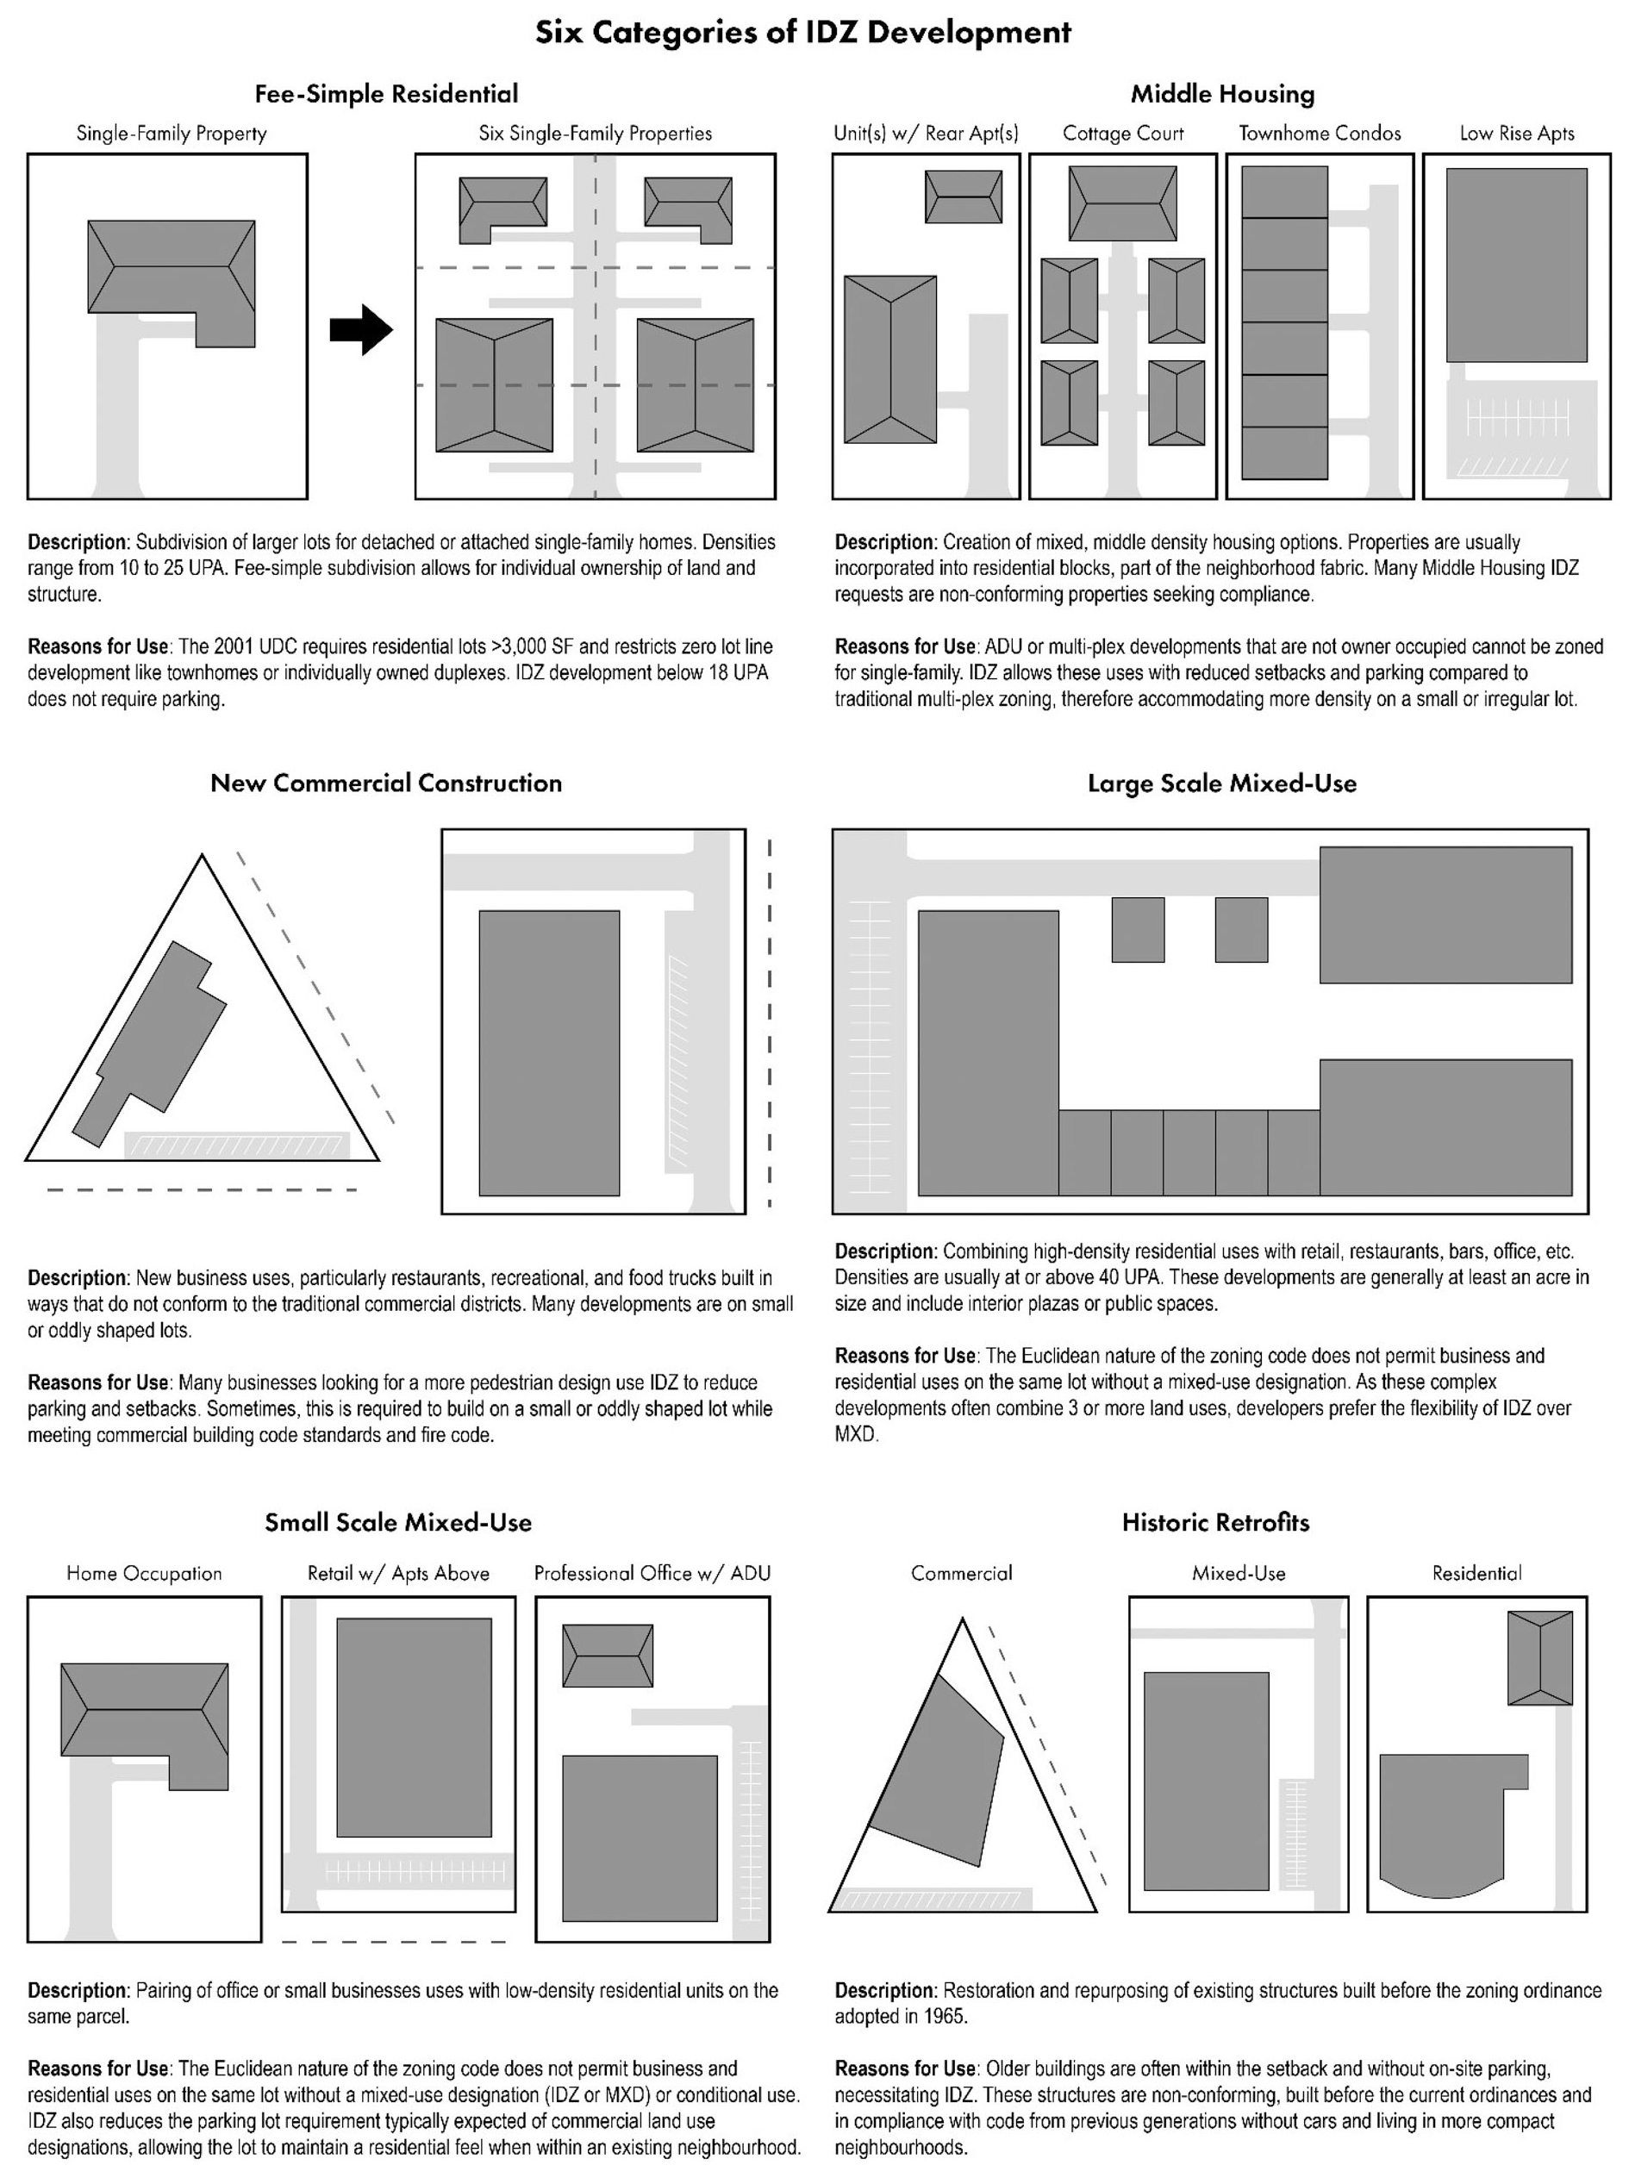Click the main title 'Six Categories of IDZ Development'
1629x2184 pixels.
coord(802,33)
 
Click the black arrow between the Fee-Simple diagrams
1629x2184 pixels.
coord(361,329)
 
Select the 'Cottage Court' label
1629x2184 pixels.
coord(1122,133)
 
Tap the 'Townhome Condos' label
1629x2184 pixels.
coord(1320,133)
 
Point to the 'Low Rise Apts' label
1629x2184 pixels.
coord(1517,133)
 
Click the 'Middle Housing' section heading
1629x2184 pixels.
coord(1222,94)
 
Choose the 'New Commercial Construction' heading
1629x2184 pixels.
coord(385,783)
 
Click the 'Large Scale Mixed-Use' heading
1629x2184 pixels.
coord(1222,783)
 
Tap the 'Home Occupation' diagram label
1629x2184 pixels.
coord(144,1573)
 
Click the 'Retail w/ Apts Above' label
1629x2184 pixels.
coord(398,1573)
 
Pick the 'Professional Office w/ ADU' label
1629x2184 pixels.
coord(652,1573)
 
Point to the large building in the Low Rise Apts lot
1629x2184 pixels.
coord(1517,265)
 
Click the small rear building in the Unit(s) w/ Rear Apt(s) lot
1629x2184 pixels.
coord(964,197)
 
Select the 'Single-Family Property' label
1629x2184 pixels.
coord(172,133)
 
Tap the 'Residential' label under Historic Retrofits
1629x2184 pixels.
coord(1476,1573)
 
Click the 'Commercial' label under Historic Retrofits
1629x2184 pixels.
coord(961,1573)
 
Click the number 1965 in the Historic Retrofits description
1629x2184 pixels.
coord(945,2017)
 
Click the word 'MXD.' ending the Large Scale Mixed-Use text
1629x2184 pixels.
coord(856,1433)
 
